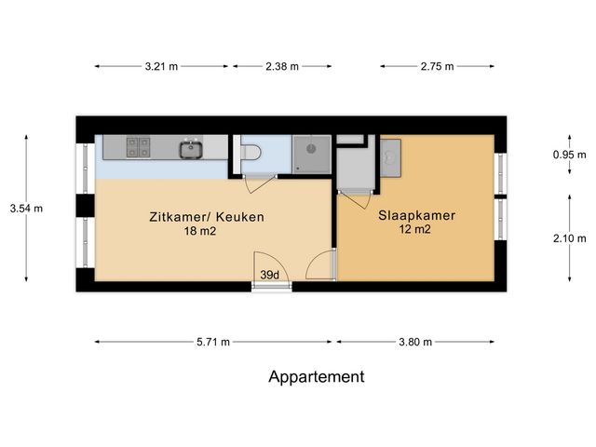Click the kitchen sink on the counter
click(x=191, y=147)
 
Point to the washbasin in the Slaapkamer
click(x=389, y=157)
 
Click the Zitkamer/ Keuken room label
click(x=207, y=217)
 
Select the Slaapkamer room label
click(x=416, y=215)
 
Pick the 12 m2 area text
click(x=416, y=230)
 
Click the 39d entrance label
click(x=271, y=276)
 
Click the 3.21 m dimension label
click(x=162, y=66)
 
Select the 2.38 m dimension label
click(x=282, y=66)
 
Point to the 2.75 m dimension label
click(x=437, y=66)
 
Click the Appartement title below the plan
click(x=317, y=377)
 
